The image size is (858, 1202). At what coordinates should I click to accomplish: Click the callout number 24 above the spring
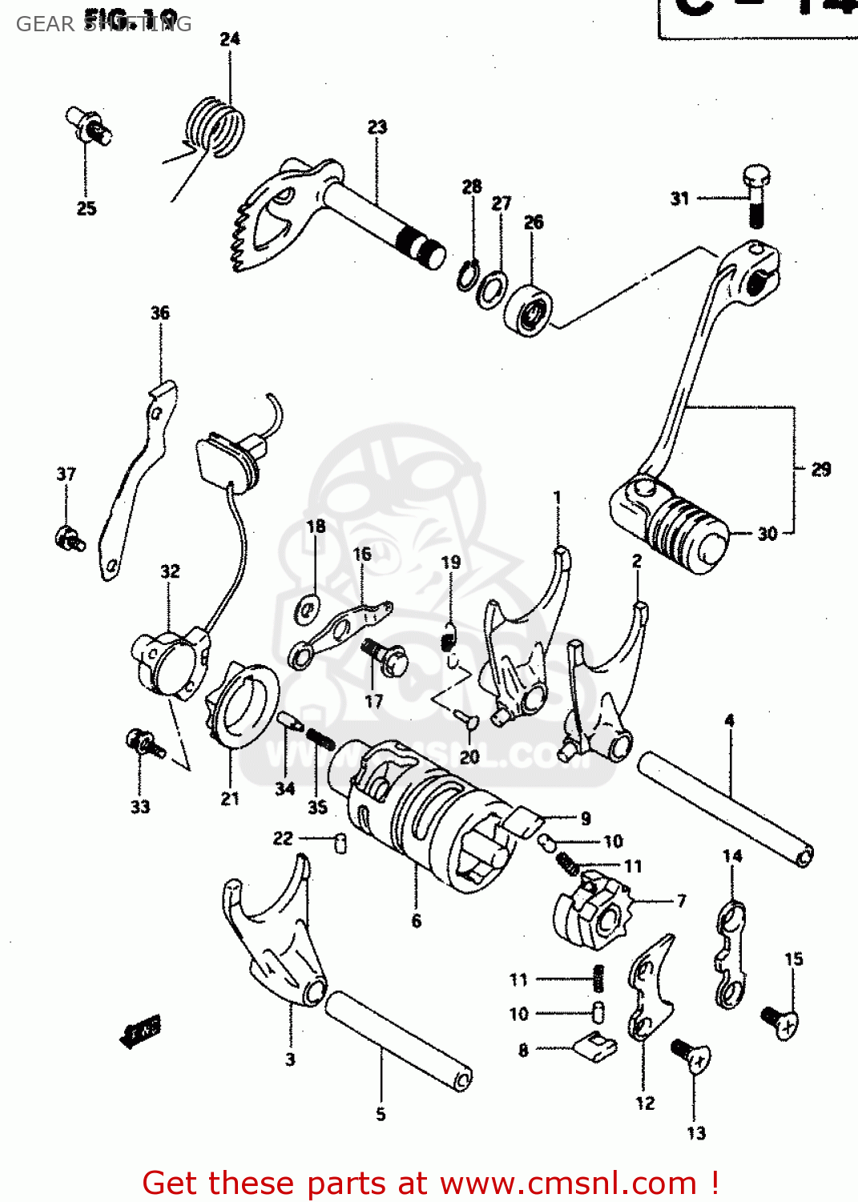[x=230, y=38]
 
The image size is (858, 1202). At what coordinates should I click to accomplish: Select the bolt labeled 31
[x=755, y=194]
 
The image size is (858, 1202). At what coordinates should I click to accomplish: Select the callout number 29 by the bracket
[x=821, y=470]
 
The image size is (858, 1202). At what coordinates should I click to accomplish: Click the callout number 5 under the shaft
[x=381, y=1114]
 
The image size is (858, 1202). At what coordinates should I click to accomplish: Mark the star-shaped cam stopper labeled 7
[x=593, y=913]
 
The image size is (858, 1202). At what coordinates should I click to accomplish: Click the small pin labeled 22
[x=340, y=843]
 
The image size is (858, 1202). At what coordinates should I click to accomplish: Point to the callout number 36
[x=160, y=313]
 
